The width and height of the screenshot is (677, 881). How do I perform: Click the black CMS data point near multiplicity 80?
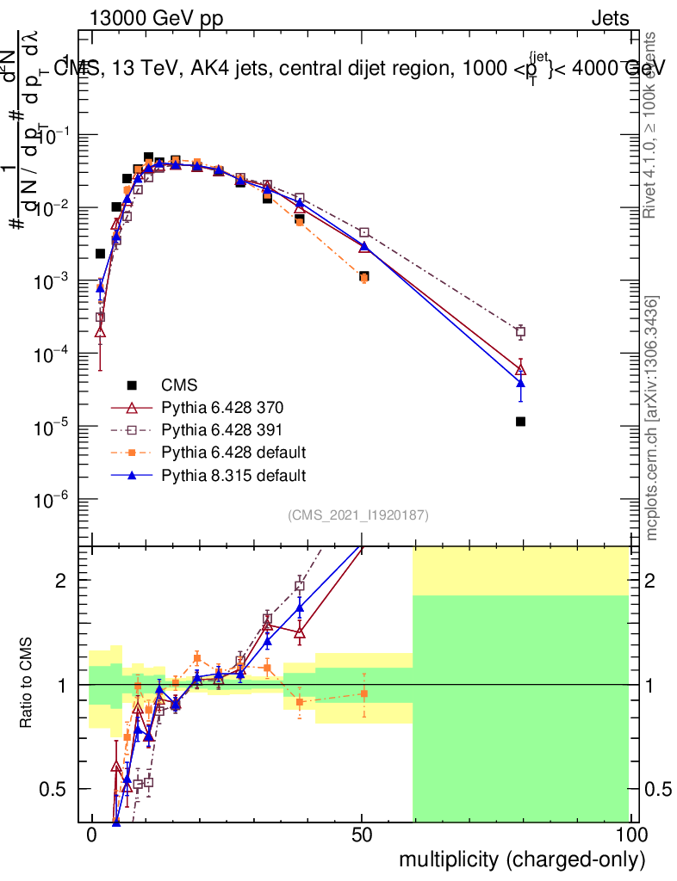520,422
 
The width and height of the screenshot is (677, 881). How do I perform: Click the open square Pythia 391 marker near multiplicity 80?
520,332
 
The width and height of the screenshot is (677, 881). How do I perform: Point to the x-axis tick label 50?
362,835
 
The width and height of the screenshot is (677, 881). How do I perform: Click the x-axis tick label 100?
630,835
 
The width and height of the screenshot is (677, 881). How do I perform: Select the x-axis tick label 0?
92,835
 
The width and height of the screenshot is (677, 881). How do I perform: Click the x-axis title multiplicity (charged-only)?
521,859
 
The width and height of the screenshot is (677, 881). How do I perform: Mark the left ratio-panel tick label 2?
63,581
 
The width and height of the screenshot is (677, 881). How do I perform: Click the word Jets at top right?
610,19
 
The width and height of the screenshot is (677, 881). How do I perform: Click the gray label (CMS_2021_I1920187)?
358,514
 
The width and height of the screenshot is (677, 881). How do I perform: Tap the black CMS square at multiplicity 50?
364,277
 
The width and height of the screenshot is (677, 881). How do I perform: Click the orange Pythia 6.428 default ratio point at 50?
364,693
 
